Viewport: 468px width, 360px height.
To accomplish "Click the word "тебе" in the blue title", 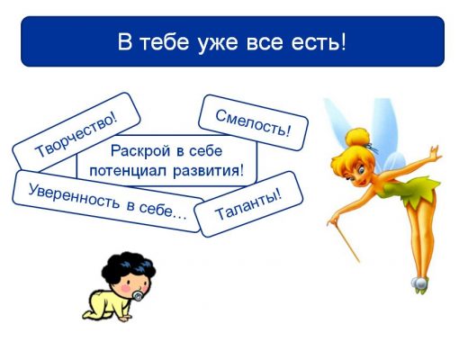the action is point(165,42).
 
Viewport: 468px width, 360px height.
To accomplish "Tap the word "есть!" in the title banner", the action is point(319,42).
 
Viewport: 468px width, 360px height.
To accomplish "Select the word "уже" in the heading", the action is point(218,44).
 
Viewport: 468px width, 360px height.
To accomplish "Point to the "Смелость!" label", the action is point(253,122).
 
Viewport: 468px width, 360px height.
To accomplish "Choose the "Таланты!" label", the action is point(248,203).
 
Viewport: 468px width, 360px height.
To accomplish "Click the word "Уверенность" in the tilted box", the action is point(74,196).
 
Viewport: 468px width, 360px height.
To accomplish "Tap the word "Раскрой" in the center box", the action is point(140,151).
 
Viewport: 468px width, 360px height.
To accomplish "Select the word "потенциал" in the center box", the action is point(128,171).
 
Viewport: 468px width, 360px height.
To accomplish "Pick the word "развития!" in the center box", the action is point(209,171).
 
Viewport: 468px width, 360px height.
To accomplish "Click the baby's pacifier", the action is point(138,295).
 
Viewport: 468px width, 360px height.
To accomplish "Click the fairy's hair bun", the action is point(357,138).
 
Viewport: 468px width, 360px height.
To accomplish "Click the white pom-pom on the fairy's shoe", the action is point(418,283).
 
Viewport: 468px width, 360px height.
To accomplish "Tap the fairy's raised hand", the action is point(435,152).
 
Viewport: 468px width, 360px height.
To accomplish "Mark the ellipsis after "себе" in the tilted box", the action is point(180,215).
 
